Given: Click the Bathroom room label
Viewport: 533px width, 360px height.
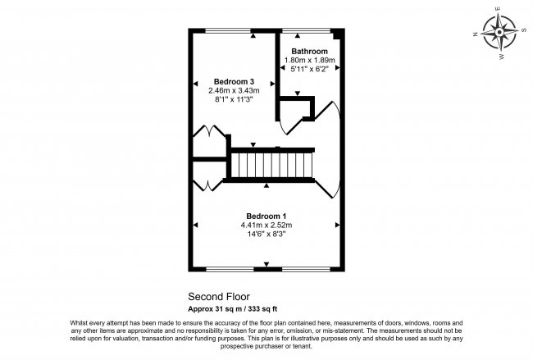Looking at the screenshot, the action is pos(310,52).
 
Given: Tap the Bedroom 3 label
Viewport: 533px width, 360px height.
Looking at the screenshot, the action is pos(234,81).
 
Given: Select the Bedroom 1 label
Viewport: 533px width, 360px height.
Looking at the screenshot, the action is pos(266,216).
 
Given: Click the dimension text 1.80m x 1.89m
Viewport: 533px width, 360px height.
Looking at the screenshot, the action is pos(310,60).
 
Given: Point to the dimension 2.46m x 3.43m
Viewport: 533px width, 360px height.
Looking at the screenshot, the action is pos(234,90).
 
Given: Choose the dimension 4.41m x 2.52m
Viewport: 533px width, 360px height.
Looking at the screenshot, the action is pos(266,225).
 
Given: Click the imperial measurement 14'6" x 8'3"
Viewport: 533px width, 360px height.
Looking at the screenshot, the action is pos(266,234).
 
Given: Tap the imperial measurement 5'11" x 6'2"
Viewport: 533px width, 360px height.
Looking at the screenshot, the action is pos(309,69).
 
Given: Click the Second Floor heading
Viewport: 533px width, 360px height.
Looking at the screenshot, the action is pos(219,297).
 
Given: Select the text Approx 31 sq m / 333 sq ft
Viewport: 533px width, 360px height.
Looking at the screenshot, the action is pos(233,309).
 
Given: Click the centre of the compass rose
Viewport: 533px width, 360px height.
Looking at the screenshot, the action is pos(499,32).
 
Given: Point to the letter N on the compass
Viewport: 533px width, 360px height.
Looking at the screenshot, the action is pos(476,34).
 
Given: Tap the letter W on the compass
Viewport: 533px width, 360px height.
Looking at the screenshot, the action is pos(502,57).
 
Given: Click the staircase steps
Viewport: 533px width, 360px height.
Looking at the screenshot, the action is pos(271,165).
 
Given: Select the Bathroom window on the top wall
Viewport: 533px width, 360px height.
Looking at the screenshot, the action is pos(307,31).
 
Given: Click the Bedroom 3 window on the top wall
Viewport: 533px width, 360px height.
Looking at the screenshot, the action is pos(229,31).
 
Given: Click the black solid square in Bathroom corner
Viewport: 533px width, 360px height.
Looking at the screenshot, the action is pos(336,34).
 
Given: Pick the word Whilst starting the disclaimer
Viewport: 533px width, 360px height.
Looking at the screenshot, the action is pos(78,323).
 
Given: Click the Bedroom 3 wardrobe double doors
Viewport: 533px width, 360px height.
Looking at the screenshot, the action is pos(209,131).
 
